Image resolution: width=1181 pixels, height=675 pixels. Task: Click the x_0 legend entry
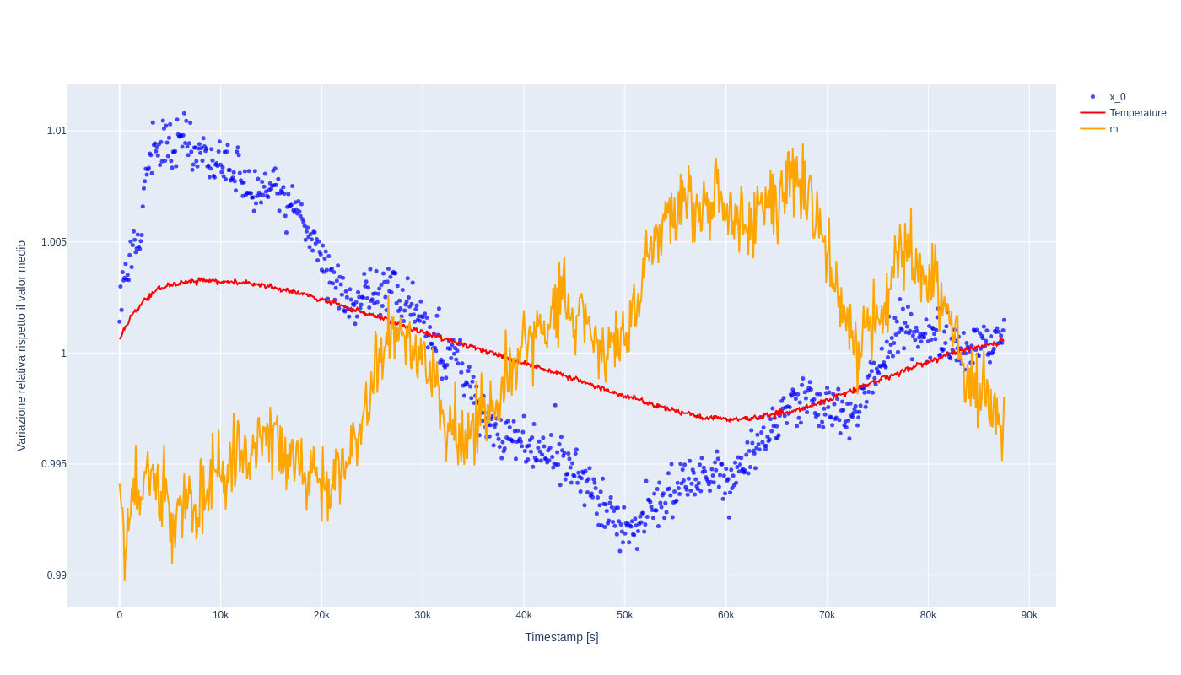1117,97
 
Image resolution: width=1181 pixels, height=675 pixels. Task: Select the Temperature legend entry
1137,113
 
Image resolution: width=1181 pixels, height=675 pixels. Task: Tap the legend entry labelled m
1114,129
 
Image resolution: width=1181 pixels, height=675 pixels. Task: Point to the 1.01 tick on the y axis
57,131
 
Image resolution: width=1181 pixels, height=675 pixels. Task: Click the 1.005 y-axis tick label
54,242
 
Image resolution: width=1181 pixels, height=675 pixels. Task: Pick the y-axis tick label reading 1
63,354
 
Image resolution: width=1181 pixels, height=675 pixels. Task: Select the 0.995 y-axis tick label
54,464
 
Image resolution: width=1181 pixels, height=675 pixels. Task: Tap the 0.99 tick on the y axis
57,575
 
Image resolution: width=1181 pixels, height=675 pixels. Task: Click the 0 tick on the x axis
120,615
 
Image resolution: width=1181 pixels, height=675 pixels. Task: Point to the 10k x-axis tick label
220,615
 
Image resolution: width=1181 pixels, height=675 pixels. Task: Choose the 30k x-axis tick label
423,615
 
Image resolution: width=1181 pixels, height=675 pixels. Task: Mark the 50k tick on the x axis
625,615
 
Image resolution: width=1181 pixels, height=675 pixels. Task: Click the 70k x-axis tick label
827,615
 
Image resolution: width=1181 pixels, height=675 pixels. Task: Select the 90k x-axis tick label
1029,615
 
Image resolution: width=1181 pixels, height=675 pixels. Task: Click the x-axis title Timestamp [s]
562,637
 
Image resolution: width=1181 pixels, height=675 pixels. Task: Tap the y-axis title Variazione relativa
22,346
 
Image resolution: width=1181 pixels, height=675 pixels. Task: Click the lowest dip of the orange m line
124,580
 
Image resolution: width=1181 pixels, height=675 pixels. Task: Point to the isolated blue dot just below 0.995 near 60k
729,517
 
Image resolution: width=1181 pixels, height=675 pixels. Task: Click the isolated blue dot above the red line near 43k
555,405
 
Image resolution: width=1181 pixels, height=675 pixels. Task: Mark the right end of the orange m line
1004,398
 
